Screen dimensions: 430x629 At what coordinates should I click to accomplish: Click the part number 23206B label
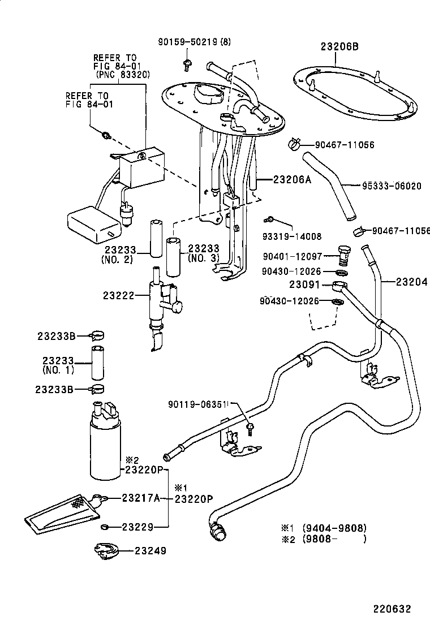pos(339,46)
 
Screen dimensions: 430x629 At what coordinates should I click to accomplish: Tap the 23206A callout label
pos(292,179)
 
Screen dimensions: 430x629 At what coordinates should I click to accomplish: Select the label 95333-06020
pos(392,186)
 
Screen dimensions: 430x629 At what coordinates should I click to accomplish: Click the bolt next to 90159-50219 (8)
pos(187,64)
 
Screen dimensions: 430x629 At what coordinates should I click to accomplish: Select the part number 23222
pos(118,295)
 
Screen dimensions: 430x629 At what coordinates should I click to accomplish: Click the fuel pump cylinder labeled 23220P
pos(105,441)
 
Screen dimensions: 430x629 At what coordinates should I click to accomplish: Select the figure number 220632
pos(392,609)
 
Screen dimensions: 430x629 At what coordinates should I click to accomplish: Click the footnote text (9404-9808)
pos(334,528)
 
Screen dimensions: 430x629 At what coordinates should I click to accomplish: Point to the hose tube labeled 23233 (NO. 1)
pos(97,362)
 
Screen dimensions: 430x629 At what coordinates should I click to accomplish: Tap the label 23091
pos(305,285)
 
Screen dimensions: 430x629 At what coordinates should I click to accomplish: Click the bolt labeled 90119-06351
pos(250,428)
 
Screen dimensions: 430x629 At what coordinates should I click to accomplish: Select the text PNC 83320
pos(125,75)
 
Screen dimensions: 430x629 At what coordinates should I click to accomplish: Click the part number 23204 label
pos(411,282)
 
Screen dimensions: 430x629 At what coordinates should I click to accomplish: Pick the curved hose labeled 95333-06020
pos(329,185)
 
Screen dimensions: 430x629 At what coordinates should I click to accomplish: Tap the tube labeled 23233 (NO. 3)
pos(174,257)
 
